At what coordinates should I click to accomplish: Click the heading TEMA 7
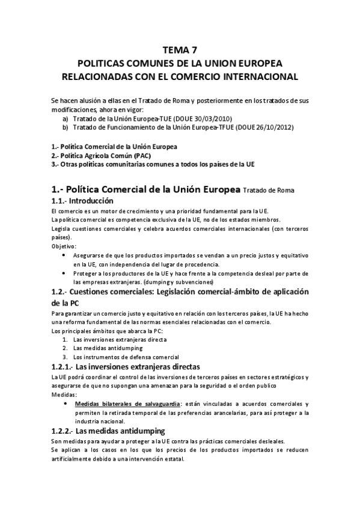(179, 50)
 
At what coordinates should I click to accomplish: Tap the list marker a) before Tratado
(65, 118)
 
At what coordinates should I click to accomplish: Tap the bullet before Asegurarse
(65, 255)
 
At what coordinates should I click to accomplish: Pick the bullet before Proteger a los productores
(65, 272)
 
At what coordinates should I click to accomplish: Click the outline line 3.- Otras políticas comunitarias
(153, 164)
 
